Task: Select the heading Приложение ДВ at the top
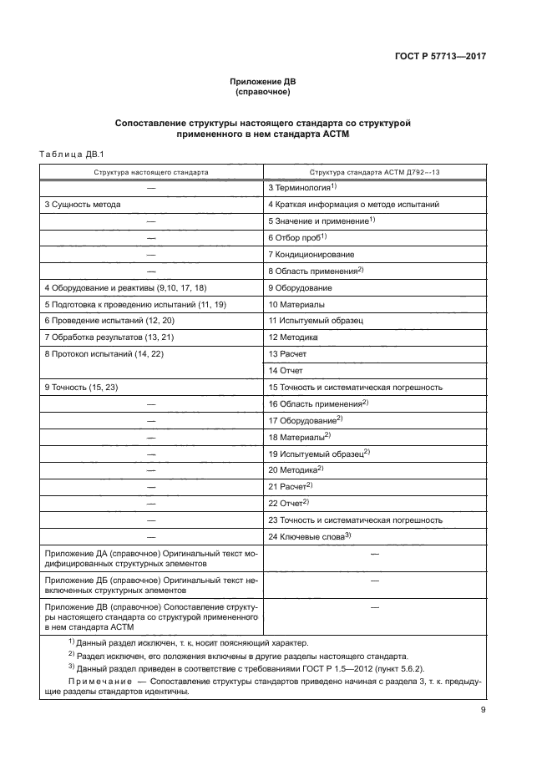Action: [263, 82]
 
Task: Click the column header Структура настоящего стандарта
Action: [151, 171]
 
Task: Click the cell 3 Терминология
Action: [301, 187]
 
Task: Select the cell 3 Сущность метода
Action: [83, 204]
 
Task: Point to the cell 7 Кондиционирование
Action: [311, 254]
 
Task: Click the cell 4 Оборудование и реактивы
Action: [125, 287]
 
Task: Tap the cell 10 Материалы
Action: [296, 304]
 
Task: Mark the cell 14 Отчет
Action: [286, 370]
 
